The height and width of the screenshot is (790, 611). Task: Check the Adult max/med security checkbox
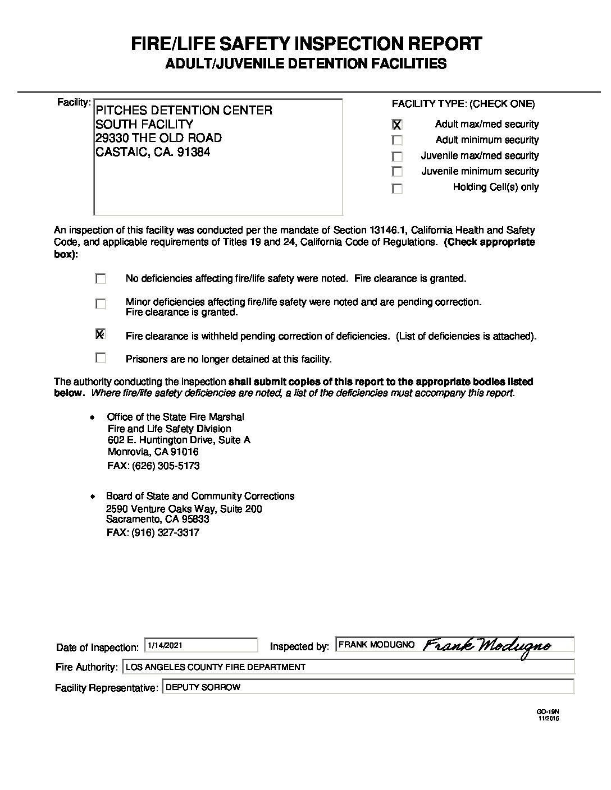point(397,125)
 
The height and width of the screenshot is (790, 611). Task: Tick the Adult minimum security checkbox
point(397,140)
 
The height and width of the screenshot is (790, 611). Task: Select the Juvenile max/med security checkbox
point(397,157)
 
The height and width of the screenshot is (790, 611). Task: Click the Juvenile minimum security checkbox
point(397,172)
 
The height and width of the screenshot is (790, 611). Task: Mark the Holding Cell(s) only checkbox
point(397,189)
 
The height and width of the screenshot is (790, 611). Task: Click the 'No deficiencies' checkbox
point(101,278)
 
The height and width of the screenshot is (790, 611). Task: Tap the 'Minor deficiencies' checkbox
point(101,304)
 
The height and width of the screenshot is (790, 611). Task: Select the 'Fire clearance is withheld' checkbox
point(101,334)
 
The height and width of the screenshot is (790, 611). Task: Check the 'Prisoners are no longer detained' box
point(101,357)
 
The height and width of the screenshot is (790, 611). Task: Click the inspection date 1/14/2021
point(165,646)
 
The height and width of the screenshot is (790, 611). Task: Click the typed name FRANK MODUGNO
point(376,645)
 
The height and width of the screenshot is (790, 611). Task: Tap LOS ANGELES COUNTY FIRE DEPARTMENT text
point(216,667)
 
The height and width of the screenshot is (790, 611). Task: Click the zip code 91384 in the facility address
point(193,152)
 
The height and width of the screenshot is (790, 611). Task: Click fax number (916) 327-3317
point(165,532)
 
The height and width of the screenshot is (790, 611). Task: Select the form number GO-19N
point(548,712)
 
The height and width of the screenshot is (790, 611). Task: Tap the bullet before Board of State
point(92,497)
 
